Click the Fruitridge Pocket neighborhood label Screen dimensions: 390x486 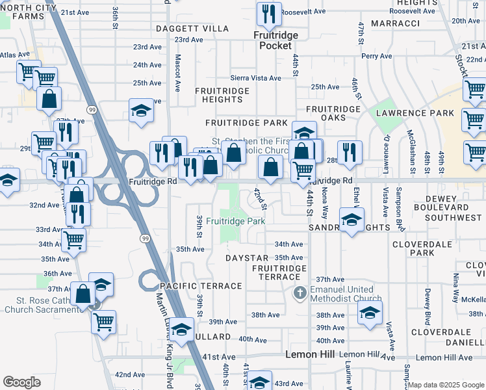tap(275, 41)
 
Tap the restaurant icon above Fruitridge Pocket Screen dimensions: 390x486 tap(268, 14)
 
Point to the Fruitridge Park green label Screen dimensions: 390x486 tap(235, 221)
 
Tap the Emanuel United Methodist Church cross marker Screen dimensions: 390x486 tap(300, 292)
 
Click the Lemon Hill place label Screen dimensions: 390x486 tap(310, 354)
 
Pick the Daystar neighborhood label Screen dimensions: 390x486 tap(247, 258)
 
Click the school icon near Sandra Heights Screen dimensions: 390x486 tap(352, 220)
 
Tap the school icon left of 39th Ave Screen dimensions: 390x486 tap(183, 329)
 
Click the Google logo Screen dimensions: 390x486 tap(21, 382)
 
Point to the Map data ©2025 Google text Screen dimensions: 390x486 tap(445, 385)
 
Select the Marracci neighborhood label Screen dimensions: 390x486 tap(395, 23)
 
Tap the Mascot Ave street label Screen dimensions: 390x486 tap(177, 64)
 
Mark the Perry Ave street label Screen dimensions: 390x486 tap(377, 56)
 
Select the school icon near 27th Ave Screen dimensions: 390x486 tap(140, 111)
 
